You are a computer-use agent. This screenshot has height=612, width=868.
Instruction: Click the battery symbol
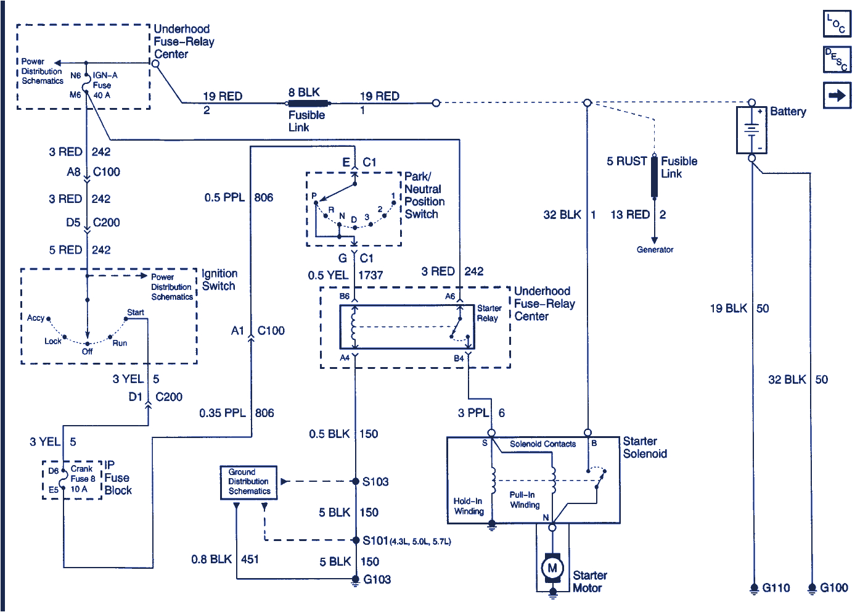[751, 130]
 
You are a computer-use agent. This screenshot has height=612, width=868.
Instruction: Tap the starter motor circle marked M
[552, 568]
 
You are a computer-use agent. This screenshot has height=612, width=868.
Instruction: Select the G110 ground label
[776, 588]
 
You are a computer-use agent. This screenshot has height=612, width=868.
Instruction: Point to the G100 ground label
[833, 588]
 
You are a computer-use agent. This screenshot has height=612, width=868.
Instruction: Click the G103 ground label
[377, 579]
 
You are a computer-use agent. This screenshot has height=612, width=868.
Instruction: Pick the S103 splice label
[375, 482]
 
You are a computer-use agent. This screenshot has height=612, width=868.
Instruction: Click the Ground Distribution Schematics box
[249, 482]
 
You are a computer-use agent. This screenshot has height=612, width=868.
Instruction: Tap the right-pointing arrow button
[837, 96]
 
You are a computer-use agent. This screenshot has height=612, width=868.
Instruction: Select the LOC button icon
[837, 24]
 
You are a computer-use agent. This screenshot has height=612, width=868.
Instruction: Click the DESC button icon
[837, 60]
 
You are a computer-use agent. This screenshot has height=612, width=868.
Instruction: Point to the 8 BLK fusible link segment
[309, 103]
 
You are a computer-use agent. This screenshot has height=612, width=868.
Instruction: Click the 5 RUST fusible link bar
[654, 177]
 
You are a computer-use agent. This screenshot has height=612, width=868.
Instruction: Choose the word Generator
[655, 250]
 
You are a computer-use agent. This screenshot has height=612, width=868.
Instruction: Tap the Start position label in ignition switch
[136, 312]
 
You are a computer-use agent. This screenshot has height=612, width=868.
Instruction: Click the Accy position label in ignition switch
[36, 318]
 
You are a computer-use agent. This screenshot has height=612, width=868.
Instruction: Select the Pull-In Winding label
[524, 500]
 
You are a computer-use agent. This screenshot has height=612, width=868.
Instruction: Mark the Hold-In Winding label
[469, 506]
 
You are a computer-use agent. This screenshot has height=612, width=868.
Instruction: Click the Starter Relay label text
[488, 313]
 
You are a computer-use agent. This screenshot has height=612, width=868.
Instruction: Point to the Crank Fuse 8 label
[83, 474]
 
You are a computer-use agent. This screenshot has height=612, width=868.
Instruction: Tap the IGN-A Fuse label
[104, 80]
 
